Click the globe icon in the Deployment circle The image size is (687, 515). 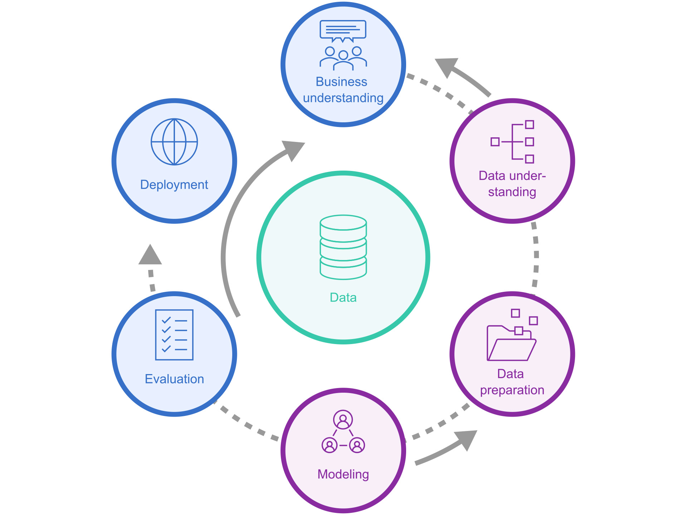tap(174, 142)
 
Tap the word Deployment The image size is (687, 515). tap(174, 185)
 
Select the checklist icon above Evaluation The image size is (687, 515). tap(174, 335)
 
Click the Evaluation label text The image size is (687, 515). tap(174, 379)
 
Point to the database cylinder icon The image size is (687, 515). tap(343, 247)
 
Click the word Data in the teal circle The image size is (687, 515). tap(343, 298)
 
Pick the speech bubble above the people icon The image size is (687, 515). tap(343, 30)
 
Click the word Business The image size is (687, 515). tap(341, 82)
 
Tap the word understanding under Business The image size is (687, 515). tap(343, 98)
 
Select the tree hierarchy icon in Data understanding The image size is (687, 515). tap(513, 142)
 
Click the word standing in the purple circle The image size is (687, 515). tap(512, 192)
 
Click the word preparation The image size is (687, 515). tap(512, 390)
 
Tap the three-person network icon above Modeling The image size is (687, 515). tap(343, 432)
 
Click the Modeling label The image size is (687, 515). tap(343, 474)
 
